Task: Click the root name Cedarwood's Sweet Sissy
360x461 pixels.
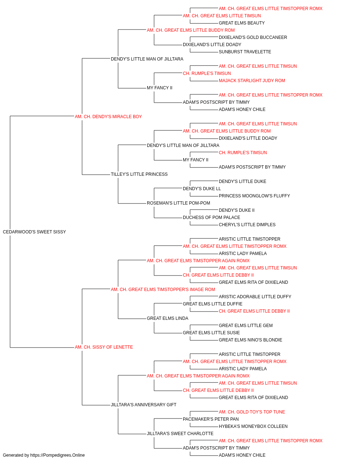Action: [34, 232]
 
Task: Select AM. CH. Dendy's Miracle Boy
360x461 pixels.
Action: [108, 117]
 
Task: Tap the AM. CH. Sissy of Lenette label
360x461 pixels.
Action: [104, 347]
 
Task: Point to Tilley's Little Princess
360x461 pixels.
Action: [139, 174]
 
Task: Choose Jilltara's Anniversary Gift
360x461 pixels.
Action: [144, 405]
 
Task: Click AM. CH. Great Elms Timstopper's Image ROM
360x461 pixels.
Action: [163, 290]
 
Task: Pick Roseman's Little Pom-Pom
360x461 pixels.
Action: [179, 203]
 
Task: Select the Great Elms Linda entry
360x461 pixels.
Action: [167, 318]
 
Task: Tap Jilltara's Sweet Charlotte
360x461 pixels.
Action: [180, 433]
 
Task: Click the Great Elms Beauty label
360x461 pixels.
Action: [242, 23]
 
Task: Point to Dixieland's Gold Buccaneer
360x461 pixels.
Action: [253, 37]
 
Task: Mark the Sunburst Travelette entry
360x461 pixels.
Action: [245, 52]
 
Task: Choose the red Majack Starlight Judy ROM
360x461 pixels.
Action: [252, 81]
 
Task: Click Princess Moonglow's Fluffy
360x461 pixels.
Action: [255, 196]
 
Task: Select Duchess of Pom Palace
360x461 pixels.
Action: [211, 218]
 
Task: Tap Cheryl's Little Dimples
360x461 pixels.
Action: [247, 225]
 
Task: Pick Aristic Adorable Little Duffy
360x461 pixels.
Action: [255, 296]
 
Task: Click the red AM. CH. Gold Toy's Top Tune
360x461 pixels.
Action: [252, 412]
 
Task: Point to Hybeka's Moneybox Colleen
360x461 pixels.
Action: [253, 426]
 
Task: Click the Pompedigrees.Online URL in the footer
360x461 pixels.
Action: [58, 455]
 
